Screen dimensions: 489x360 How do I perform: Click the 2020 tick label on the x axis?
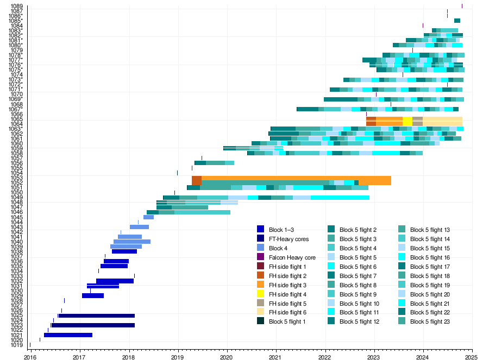point(227,357)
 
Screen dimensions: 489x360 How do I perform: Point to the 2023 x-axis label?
point(374,357)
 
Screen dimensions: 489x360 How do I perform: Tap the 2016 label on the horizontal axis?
point(30,357)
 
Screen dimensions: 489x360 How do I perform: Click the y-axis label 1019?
point(17,345)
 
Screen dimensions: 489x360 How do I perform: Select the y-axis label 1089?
point(17,6)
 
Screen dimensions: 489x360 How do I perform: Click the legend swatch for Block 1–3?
point(260,229)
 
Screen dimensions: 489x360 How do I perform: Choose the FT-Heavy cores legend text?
point(289,239)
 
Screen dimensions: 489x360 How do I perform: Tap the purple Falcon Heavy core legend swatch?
point(260,257)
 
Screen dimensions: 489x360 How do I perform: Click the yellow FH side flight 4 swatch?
point(260,294)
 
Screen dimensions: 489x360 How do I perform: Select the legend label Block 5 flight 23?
point(430,321)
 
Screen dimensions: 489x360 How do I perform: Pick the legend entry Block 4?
point(278,248)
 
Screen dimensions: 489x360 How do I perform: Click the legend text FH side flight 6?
point(287,312)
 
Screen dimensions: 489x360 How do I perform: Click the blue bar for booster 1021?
point(68,335)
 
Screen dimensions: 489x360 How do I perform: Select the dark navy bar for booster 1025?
point(97,315)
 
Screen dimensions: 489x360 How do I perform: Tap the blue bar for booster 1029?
point(93,295)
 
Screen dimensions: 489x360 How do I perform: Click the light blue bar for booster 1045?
point(148,217)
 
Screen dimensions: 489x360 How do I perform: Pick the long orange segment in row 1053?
point(296,178)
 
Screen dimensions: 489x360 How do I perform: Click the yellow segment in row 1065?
point(407,119)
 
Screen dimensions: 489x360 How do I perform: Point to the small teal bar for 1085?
point(457,21)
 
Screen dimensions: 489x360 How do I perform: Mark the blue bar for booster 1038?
point(124,251)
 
